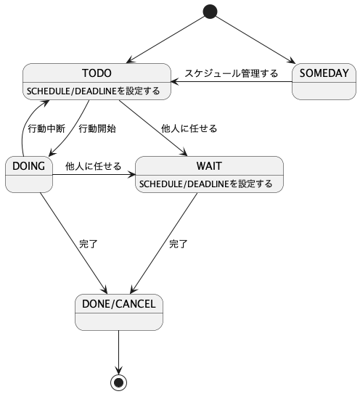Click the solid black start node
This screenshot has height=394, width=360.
pyautogui.click(x=210, y=12)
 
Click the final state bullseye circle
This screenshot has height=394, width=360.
pyautogui.click(x=118, y=382)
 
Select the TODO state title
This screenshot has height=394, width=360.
pyautogui.click(x=97, y=73)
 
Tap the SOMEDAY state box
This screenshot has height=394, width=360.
pyautogui.click(x=324, y=81)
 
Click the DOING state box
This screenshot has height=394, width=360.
pyautogui.click(x=29, y=174)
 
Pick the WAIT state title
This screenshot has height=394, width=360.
pyautogui.click(x=209, y=166)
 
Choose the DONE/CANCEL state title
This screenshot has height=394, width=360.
pyautogui.click(x=119, y=304)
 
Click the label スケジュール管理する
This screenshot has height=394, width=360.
pyautogui.click(x=232, y=73)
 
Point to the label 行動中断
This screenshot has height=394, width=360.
pyautogui.click(x=46, y=128)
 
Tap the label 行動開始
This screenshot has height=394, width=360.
pyautogui.click(x=97, y=128)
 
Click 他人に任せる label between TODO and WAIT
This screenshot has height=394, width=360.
pyautogui.click(x=189, y=128)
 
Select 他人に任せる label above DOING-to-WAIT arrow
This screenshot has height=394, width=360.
pyautogui.click(x=94, y=166)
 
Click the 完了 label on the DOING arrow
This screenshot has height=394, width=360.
pyautogui.click(x=89, y=244)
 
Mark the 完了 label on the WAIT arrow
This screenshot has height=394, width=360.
pyautogui.click(x=179, y=244)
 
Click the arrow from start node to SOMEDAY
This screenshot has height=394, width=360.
pyautogui.click(x=255, y=40)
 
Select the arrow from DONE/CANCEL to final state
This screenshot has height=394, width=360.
pyautogui.click(x=118, y=353)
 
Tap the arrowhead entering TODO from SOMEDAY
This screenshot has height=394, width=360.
pyautogui.click(x=175, y=82)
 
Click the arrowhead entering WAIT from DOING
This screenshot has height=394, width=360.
pyautogui.click(x=131, y=174)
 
